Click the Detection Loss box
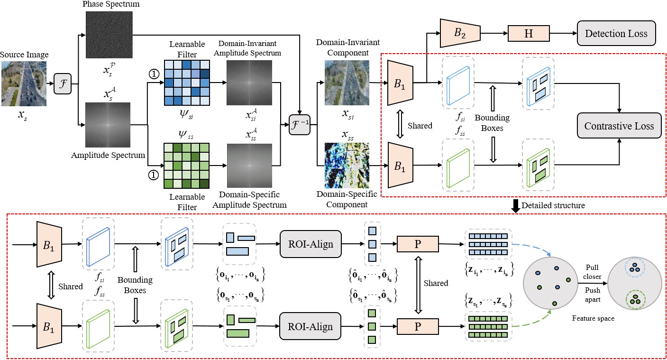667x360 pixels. (616, 33)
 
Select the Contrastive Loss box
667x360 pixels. (619, 126)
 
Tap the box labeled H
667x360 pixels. (528, 34)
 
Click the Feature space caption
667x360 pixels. (593, 318)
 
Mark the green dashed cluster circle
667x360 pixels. (635, 299)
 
